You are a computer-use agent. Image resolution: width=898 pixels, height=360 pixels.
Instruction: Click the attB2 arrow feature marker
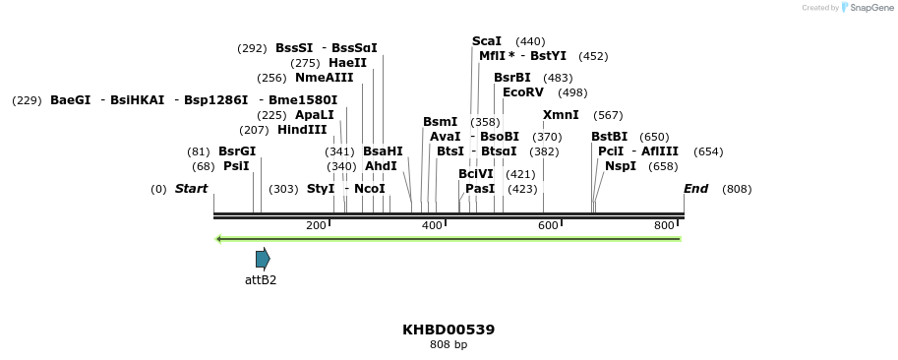pos(263,259)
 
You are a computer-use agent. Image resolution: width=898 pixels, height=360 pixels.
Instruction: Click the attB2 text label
pos(261,280)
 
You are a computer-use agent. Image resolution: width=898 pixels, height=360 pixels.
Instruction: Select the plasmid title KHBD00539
pos(449,330)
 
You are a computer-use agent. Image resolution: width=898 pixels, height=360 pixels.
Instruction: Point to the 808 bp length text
pos(449,345)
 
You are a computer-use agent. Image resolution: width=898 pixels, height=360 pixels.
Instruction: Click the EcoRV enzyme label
pos(523,92)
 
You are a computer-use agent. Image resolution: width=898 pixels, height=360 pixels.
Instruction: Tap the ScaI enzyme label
pos(487,41)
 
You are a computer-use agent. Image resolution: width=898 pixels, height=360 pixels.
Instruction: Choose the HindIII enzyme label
pos(302,130)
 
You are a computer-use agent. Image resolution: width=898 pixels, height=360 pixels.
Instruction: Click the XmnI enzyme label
pos(561,115)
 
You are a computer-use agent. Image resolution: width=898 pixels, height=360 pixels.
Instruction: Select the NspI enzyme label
pos(621,166)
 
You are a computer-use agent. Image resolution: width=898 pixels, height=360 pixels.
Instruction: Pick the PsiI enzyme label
pos(236,166)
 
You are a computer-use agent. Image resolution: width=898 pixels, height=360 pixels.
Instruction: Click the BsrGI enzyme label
pos(237,151)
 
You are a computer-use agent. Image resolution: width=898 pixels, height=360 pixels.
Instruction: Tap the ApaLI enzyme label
pos(315,115)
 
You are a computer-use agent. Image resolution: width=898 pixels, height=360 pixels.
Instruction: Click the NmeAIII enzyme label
pos(325,78)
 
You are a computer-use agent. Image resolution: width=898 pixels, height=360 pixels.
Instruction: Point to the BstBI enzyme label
pos(609,137)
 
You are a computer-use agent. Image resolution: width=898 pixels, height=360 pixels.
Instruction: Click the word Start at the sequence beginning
pos(192,188)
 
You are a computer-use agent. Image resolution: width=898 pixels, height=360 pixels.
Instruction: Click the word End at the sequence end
pos(696,188)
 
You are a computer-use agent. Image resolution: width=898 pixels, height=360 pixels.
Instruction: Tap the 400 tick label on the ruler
pos(432,225)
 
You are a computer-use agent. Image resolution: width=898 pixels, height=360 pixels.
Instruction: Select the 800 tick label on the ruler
pos(664,225)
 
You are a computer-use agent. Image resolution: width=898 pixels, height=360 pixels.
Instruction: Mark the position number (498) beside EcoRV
pos(572,92)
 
